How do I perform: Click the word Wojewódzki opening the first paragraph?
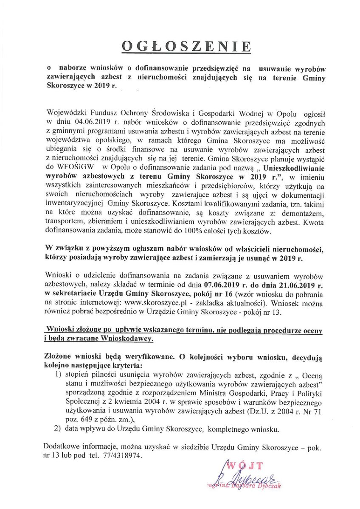67,115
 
